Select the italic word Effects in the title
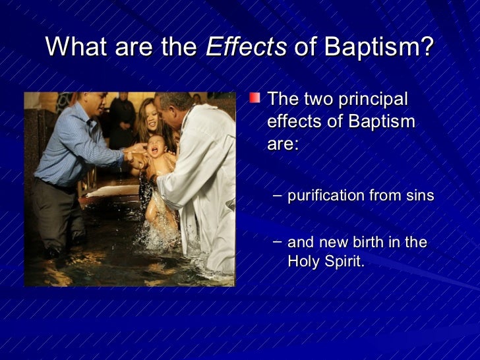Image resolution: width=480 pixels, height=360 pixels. pos(246,47)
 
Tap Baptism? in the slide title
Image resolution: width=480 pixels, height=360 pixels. pos(378,47)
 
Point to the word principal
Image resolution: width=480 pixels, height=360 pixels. pos(373,100)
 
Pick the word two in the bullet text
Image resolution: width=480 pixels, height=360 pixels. pos(319,100)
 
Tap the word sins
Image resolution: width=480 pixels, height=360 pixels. pos(420,196)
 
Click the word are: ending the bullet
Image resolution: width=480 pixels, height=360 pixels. pos(283,144)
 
